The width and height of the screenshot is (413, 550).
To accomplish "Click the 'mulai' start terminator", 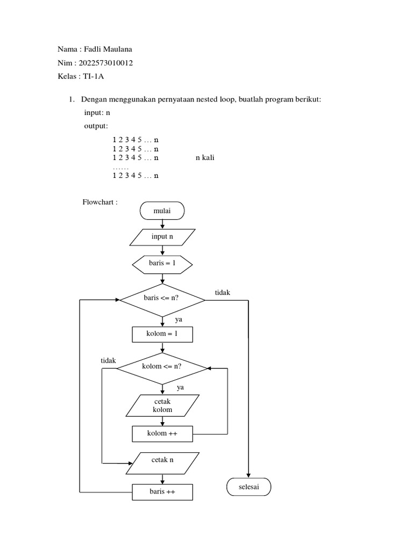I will coord(162,211).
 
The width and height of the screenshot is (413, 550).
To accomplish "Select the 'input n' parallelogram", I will coord(162,237).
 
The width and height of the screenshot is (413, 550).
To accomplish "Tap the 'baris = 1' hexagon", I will coord(162,263).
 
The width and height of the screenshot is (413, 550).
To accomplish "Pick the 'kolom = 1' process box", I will coord(162,335).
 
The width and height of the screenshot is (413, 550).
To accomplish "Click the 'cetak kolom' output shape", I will coord(162,406).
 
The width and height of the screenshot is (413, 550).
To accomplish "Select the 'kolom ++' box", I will coord(162,433).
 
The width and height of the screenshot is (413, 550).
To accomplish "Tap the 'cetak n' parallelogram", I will coord(162,462).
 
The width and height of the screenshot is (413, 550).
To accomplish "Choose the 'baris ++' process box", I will coord(162,491).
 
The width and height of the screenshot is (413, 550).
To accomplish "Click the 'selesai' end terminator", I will coord(248,487).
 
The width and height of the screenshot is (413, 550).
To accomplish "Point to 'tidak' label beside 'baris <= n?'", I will coord(223,292).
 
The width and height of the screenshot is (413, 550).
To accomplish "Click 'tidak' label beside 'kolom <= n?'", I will coord(109,361).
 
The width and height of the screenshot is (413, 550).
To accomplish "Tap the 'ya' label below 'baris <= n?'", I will coord(179,320).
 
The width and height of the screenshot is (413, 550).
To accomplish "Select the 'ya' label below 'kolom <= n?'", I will coord(181,387).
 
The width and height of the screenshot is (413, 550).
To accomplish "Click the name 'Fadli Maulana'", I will coord(106,49).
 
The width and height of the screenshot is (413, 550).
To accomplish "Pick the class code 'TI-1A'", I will coord(93,77).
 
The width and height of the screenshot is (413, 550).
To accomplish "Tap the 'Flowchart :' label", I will coord(100,202).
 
